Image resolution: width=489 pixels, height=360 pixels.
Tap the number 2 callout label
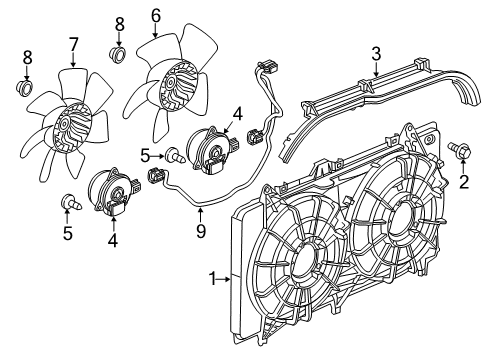coord(462,181)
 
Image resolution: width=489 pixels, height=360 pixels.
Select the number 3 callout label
coord(375,52)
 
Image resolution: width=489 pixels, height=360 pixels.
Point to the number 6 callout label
coord(155,15)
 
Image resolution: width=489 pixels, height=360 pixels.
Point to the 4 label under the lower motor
coord(112,240)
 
